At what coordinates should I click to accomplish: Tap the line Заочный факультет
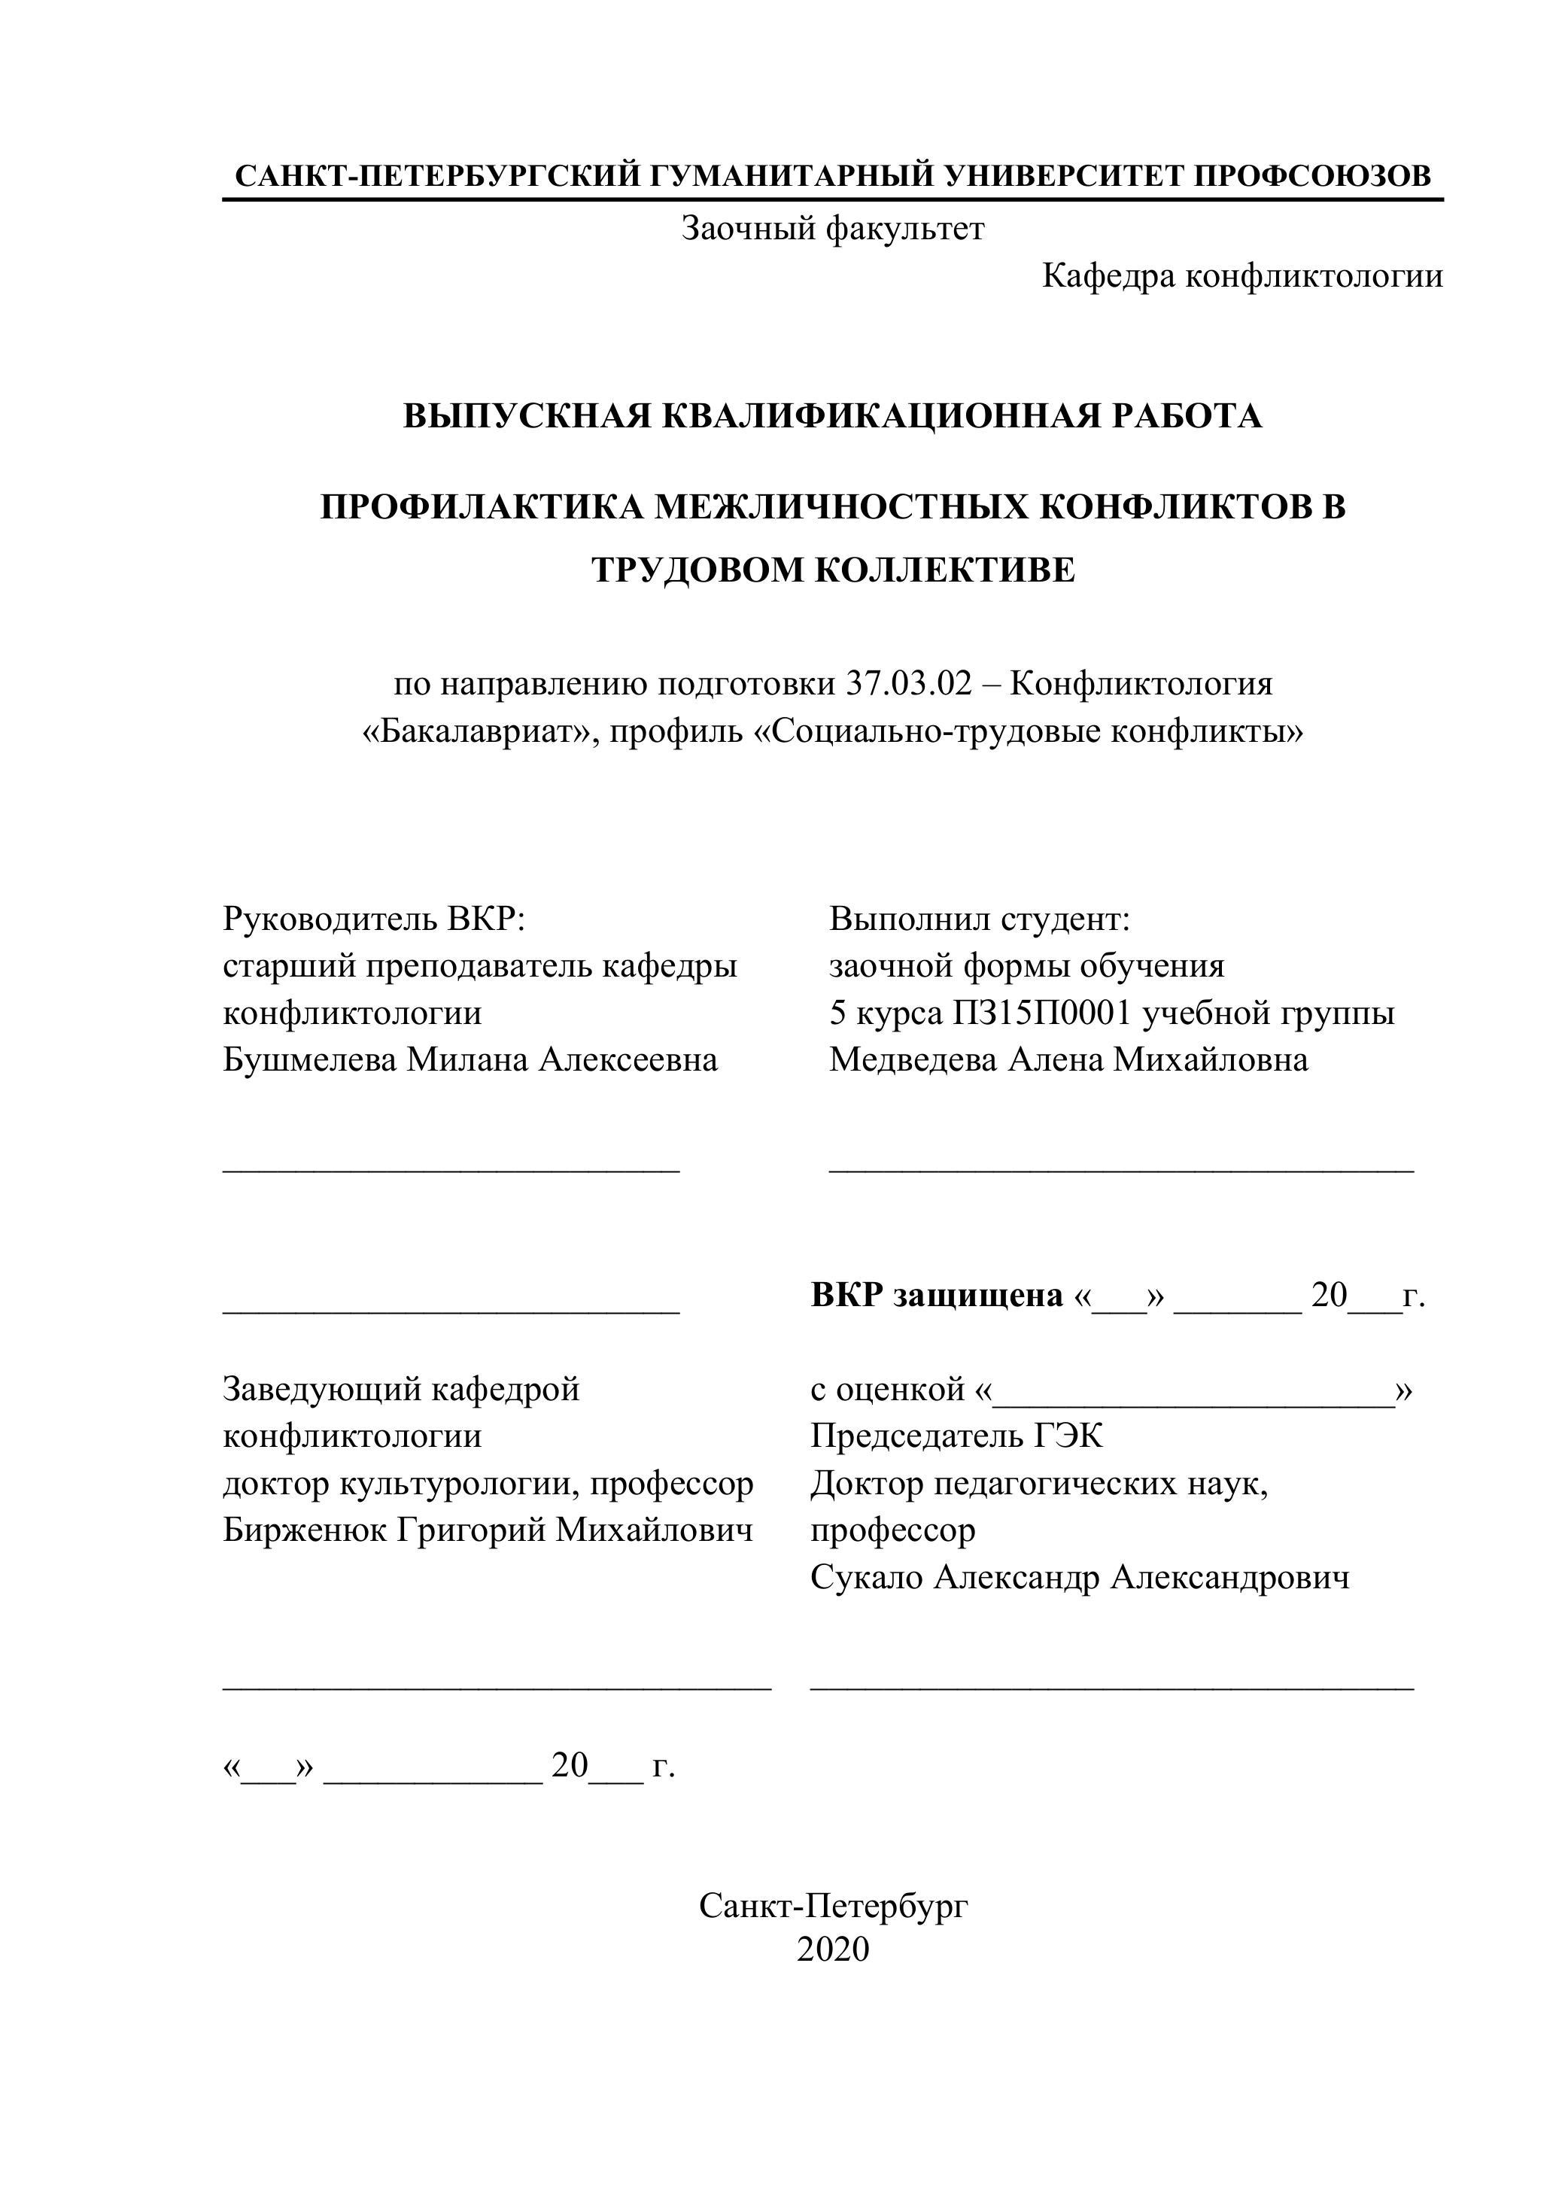(x=833, y=229)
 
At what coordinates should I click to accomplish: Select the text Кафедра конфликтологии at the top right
(x=1241, y=277)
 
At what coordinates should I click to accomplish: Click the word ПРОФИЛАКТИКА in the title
(x=480, y=507)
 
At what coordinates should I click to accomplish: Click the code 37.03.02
(x=908, y=684)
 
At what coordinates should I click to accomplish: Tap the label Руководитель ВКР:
(x=375, y=919)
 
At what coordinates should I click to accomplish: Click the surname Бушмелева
(x=308, y=1060)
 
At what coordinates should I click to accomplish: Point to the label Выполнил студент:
(x=980, y=919)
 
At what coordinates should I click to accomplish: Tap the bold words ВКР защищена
(x=937, y=1296)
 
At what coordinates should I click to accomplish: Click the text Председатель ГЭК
(x=956, y=1436)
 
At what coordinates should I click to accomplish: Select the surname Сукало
(x=866, y=1577)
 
